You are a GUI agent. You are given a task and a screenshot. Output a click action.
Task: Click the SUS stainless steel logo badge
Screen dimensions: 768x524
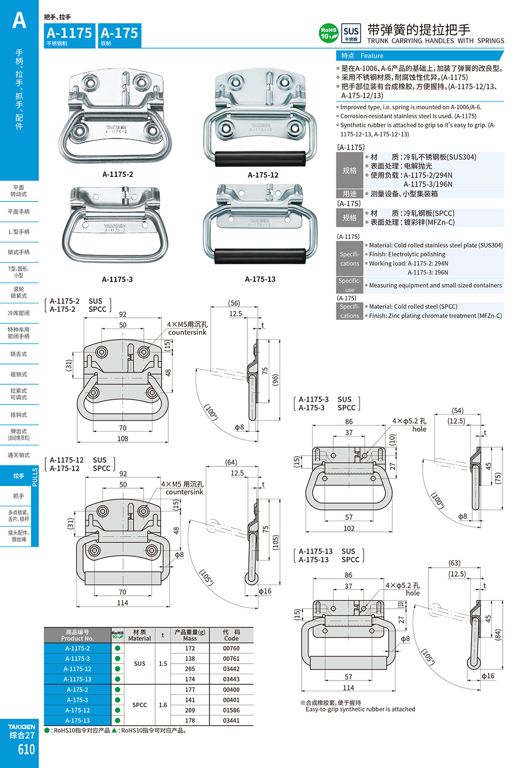pos(351,33)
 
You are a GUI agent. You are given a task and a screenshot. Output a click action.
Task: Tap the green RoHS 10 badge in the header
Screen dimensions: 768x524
pos(328,33)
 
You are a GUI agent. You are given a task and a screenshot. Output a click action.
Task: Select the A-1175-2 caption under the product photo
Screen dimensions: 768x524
pos(118,174)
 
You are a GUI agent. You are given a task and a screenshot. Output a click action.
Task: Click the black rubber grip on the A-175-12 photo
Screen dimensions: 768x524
pos(260,158)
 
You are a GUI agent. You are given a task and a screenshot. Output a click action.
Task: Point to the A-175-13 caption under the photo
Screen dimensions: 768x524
pos(260,279)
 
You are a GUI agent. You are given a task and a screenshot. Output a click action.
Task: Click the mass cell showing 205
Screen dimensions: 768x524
pos(190,669)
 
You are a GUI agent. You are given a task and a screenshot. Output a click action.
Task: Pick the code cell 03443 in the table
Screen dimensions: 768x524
pos(231,679)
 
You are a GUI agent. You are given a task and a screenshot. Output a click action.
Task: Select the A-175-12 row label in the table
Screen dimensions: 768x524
pos(78,710)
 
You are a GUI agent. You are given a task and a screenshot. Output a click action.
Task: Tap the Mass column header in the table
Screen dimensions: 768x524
pos(190,635)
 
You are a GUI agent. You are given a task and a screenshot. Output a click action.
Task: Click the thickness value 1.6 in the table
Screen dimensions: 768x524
pos(163,705)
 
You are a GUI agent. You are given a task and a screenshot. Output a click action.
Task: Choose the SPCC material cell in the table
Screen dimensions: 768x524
pos(140,705)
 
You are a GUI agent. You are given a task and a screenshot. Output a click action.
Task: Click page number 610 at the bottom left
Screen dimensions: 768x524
pos(26,750)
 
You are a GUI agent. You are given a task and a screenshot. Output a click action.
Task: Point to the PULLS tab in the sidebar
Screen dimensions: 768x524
pos(35,476)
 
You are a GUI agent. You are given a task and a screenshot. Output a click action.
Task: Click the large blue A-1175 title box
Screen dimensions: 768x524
pos(69,35)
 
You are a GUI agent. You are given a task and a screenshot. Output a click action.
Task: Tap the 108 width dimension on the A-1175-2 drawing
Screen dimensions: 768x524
pos(123,439)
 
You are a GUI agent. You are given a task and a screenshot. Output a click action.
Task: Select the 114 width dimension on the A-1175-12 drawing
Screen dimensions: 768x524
pos(123,603)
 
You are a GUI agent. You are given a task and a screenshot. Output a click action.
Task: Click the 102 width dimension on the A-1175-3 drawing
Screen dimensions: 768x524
pos(349,528)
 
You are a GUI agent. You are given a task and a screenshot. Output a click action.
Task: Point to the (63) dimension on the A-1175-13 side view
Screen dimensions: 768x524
pos(455,563)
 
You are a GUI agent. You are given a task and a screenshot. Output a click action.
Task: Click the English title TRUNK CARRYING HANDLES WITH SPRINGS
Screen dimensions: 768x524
pos(436,41)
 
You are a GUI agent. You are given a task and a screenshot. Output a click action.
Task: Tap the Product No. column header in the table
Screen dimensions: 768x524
pos(77,635)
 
